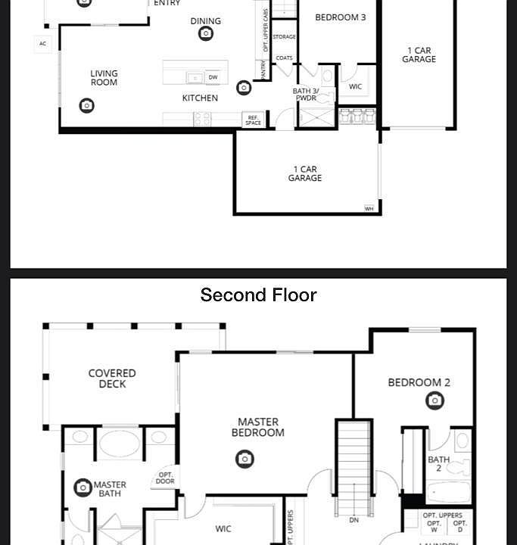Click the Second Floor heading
click(258, 295)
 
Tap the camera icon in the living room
click(87, 106)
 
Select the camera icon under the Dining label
click(206, 33)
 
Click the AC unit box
click(42, 44)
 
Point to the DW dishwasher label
click(213, 77)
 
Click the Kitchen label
click(200, 98)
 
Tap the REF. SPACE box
click(253, 120)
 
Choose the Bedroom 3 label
click(341, 17)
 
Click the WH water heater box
click(369, 208)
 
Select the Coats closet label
click(284, 58)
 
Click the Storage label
click(284, 37)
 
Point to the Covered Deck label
click(112, 378)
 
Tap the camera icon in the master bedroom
click(244, 459)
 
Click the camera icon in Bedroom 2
click(434, 400)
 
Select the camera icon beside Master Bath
click(83, 487)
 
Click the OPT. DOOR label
click(165, 478)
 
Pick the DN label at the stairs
click(354, 520)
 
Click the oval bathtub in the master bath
click(120, 444)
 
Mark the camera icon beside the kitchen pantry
click(244, 88)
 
